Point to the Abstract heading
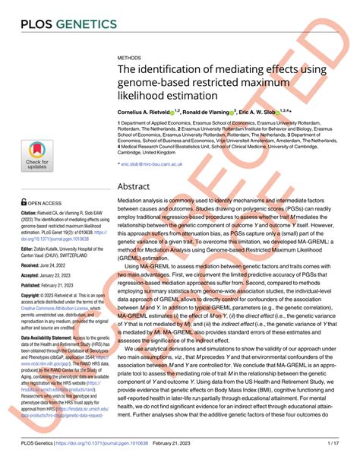(139, 186)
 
